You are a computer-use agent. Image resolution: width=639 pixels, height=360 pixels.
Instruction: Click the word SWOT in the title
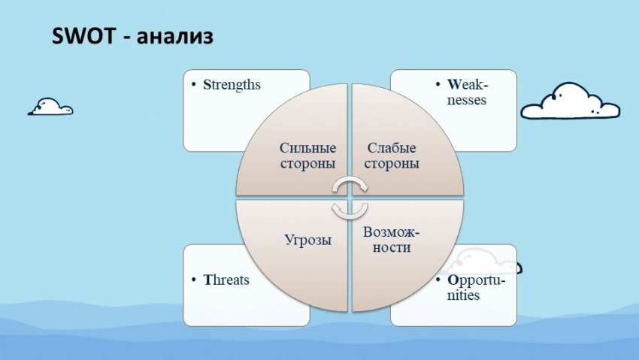(x=84, y=36)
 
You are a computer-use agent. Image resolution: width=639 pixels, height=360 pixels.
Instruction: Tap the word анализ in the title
(x=175, y=37)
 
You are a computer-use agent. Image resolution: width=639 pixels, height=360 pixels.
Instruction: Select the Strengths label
(x=232, y=85)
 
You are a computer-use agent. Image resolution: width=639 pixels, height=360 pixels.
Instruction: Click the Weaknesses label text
(x=467, y=92)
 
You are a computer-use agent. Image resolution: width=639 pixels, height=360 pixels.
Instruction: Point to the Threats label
(x=226, y=280)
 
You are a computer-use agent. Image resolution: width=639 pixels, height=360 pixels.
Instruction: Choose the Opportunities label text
(x=476, y=288)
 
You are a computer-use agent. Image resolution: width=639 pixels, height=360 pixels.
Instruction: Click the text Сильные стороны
(x=308, y=156)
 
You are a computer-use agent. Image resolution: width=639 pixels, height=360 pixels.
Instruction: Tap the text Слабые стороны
(x=392, y=156)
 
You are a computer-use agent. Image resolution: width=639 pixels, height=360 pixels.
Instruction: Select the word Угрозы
(x=307, y=240)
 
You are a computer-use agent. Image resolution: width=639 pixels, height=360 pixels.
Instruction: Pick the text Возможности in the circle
(x=391, y=240)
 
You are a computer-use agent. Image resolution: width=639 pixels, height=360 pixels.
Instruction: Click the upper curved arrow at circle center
(x=350, y=183)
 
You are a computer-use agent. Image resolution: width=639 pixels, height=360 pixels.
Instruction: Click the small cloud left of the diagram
(x=50, y=107)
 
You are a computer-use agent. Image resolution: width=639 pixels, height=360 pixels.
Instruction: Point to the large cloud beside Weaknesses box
(x=570, y=101)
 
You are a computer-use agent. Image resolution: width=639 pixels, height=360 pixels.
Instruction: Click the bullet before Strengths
(x=193, y=85)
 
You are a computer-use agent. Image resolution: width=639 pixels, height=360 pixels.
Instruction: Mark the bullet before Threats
(x=193, y=280)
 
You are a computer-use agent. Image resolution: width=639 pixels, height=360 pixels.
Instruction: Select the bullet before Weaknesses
(x=438, y=85)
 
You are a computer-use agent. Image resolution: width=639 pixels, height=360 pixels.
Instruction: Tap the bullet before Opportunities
(x=438, y=280)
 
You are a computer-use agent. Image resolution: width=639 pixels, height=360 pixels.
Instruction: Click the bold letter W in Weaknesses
(x=454, y=85)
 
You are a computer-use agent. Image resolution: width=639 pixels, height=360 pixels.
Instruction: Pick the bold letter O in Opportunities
(x=453, y=280)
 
